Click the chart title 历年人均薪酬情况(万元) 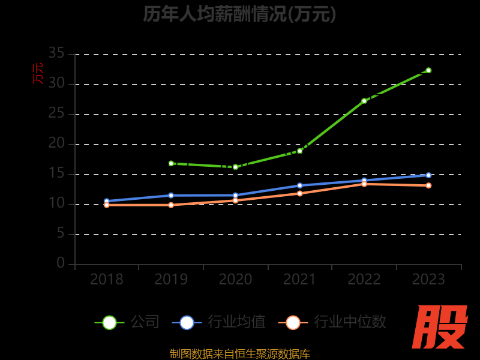[x=239, y=13]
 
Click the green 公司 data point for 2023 [x=428, y=70]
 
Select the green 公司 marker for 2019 [x=171, y=163]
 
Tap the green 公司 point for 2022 [x=364, y=101]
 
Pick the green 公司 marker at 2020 [x=235, y=167]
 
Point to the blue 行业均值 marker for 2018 [x=107, y=201]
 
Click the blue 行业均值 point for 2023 [x=428, y=175]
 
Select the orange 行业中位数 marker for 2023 [x=428, y=185]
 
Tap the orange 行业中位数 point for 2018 [x=107, y=205]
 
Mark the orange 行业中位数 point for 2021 [x=299, y=193]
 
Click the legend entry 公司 [x=128, y=322]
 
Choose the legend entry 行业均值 [x=219, y=322]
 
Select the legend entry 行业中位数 [x=332, y=322]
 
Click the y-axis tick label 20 [x=56, y=143]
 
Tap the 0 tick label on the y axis [x=61, y=263]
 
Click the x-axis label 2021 [x=299, y=280]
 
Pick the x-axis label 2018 [x=107, y=280]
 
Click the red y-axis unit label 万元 [x=38, y=73]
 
